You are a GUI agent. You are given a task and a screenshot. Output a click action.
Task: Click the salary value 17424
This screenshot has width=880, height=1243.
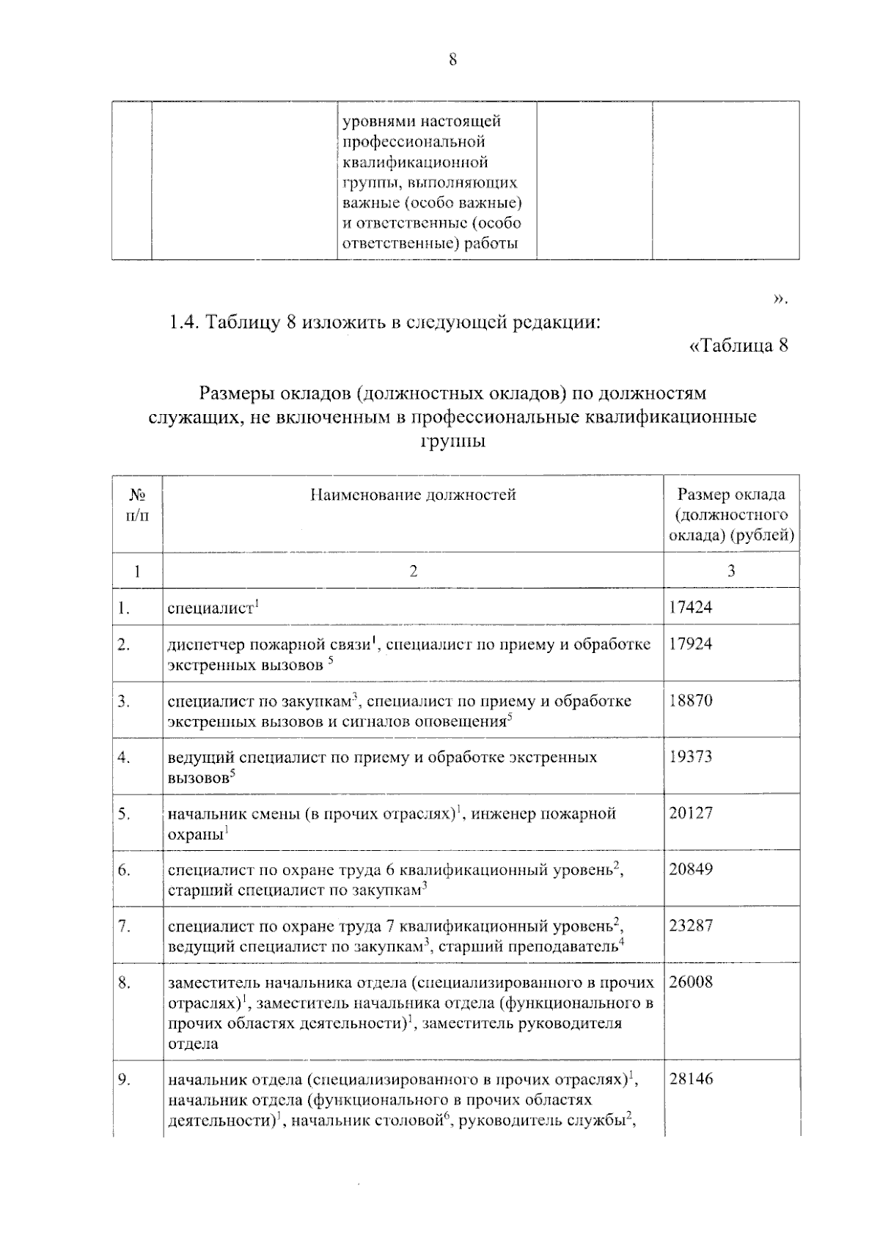click(690, 607)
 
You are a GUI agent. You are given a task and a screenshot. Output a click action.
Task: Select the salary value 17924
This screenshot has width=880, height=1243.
click(690, 643)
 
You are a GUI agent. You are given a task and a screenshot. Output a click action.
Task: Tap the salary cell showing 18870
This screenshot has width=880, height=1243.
click(690, 700)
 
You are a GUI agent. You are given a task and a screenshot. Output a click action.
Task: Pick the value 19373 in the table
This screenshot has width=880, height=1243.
click(690, 756)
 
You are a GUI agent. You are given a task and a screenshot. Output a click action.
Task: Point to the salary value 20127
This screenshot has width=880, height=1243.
click(690, 813)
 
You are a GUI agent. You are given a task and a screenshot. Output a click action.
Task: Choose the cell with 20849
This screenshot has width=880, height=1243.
click(690, 869)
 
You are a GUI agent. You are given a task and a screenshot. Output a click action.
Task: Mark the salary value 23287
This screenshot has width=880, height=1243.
click(690, 925)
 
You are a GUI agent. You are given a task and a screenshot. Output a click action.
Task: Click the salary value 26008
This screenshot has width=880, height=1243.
click(690, 982)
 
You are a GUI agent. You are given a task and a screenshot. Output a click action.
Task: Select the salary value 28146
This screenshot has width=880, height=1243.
click(690, 1079)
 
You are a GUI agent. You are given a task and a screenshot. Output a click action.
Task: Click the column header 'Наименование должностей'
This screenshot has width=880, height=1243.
click(413, 495)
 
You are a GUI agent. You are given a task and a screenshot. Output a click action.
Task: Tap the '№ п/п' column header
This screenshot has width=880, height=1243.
click(137, 504)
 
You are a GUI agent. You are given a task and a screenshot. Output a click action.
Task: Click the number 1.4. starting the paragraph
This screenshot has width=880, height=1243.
click(183, 322)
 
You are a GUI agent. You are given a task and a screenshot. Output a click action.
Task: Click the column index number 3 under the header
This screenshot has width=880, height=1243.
click(730, 571)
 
